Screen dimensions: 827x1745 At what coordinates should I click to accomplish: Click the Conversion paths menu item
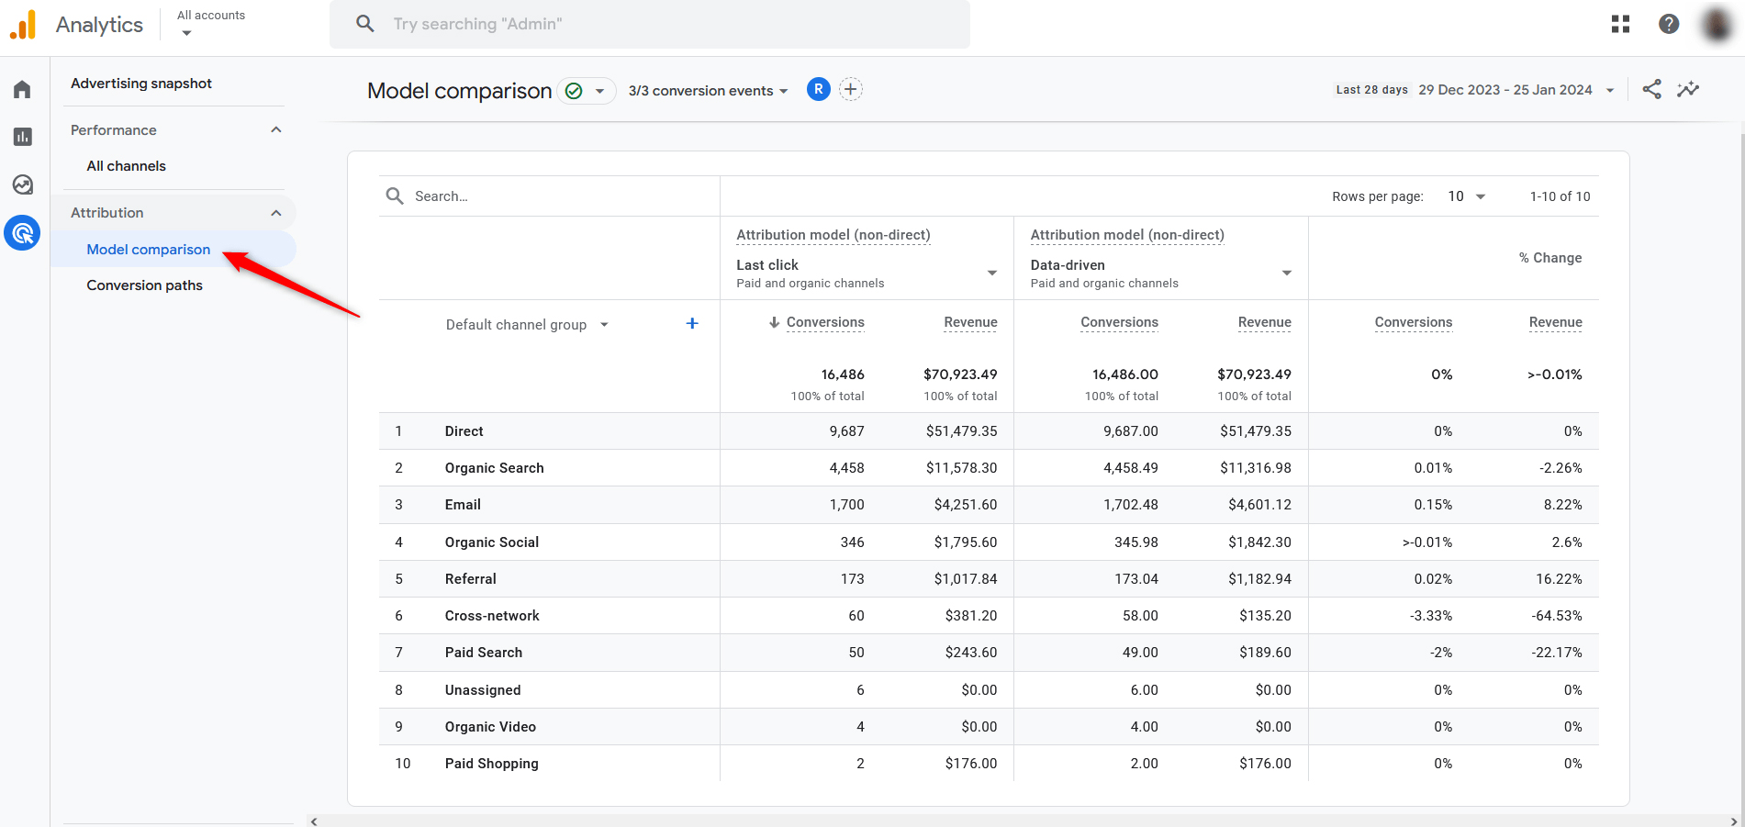coord(144,285)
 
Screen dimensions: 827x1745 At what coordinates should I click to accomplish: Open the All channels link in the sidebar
coord(126,166)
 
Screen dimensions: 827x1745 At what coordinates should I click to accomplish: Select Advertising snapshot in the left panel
coord(141,84)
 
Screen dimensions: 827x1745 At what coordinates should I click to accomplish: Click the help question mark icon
coord(1668,25)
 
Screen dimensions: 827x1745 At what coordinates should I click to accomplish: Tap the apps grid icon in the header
coord(1620,25)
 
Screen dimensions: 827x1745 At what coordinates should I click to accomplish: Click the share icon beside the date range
coord(1651,89)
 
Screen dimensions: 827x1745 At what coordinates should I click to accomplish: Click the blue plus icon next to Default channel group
coord(692,323)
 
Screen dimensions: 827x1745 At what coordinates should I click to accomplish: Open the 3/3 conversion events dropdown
coord(708,91)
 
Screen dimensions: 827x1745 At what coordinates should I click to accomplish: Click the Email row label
coord(463,505)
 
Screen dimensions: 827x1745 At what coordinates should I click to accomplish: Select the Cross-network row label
coord(492,616)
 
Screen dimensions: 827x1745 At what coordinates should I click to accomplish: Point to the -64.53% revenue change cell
coord(1556,616)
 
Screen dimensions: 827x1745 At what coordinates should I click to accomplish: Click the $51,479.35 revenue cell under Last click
coord(961,431)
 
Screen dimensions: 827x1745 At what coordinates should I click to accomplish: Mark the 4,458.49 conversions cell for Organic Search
coord(1130,468)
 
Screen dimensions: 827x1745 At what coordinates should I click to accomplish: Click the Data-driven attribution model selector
coord(1160,273)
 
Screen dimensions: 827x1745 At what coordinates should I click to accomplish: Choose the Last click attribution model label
coord(767,265)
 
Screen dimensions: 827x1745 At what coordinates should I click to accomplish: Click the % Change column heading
coord(1549,258)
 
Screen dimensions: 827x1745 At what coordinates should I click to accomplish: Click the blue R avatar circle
coord(818,89)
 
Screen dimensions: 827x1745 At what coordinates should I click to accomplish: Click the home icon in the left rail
coord(22,89)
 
